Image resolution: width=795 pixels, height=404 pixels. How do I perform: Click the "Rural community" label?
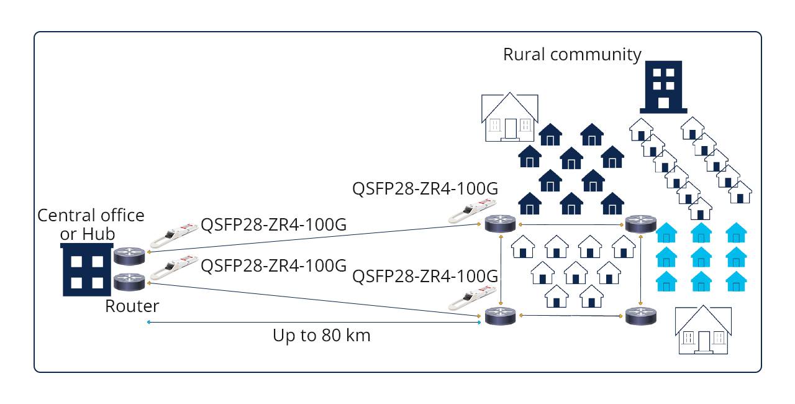(x=571, y=55)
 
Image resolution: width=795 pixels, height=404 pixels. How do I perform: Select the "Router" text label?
(x=132, y=306)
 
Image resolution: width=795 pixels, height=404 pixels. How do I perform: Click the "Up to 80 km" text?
(x=321, y=336)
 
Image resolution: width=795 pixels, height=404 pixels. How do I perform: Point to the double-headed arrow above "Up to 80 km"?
(x=314, y=322)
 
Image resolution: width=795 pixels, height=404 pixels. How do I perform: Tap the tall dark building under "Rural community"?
(x=663, y=86)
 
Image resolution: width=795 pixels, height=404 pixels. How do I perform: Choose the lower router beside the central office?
(x=129, y=282)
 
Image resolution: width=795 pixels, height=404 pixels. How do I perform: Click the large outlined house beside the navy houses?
(x=509, y=117)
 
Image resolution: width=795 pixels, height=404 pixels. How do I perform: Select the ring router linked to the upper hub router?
(x=500, y=224)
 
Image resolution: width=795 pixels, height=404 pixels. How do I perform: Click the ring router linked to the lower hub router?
(x=500, y=316)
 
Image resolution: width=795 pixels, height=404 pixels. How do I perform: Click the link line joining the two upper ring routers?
(x=570, y=224)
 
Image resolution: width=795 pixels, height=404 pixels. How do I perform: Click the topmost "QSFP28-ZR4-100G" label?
(x=425, y=188)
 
